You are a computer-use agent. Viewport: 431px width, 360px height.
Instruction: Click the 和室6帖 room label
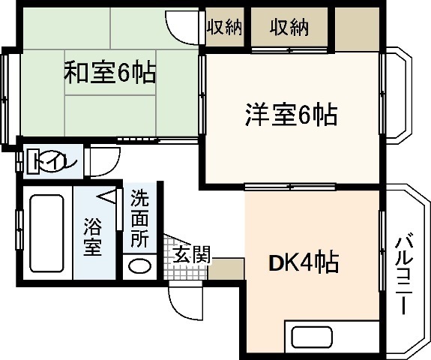click(109, 73)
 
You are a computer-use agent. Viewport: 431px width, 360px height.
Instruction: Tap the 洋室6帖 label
click(290, 115)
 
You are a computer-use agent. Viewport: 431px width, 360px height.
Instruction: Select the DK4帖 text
click(304, 263)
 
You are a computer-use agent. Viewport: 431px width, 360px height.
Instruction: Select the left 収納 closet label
click(224, 28)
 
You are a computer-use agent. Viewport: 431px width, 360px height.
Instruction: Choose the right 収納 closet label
click(290, 28)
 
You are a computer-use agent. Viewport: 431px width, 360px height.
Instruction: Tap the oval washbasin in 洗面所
click(140, 265)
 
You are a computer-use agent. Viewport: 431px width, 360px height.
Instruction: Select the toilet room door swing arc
click(103, 161)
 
